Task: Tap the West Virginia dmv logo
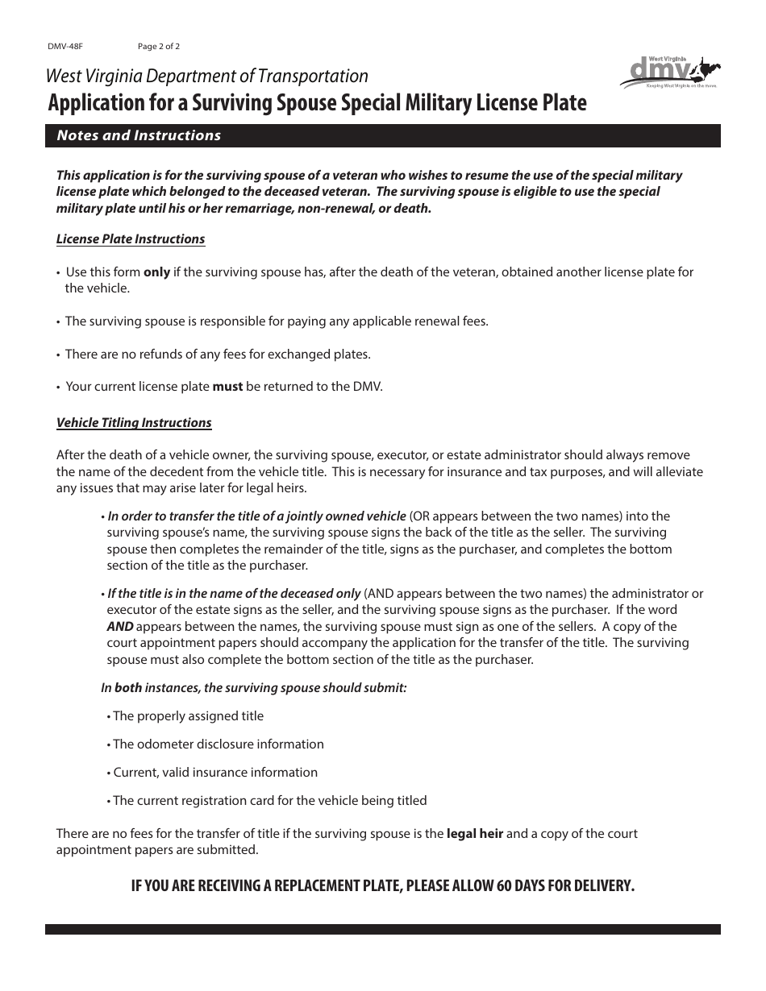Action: [669, 71]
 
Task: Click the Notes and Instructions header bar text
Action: [139, 135]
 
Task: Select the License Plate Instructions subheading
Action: [131, 239]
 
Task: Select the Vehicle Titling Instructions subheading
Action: [134, 423]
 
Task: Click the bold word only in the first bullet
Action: [156, 272]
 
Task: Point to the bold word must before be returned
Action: [227, 387]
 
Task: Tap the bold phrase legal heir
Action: [475, 834]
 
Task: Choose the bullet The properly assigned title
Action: [188, 716]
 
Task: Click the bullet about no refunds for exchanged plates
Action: [218, 355]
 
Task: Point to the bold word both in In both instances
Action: [127, 688]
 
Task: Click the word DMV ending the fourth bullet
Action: [367, 387]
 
